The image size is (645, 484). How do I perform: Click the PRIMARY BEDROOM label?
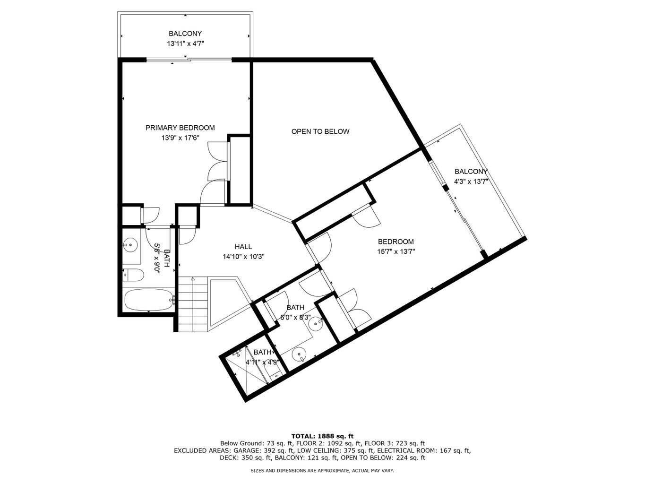coord(180,128)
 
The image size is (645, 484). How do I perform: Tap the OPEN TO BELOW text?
coord(320,131)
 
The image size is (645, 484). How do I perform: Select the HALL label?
coord(243,247)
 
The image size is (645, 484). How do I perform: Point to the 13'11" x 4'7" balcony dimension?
coord(185,44)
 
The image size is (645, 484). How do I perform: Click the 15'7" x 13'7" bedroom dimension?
coord(396,252)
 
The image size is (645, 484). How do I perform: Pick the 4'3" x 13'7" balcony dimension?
coord(471,181)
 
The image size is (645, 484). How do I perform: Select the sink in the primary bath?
coord(130,245)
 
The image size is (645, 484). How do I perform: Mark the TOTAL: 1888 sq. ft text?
coord(322,436)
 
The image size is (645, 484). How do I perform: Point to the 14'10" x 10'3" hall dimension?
coord(243,257)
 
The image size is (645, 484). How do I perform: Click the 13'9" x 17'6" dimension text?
coord(180,138)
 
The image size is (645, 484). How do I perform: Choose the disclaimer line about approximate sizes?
coord(322,471)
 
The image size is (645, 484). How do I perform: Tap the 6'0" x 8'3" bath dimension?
coord(295,318)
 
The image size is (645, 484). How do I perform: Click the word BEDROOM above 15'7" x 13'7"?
coord(396,242)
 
